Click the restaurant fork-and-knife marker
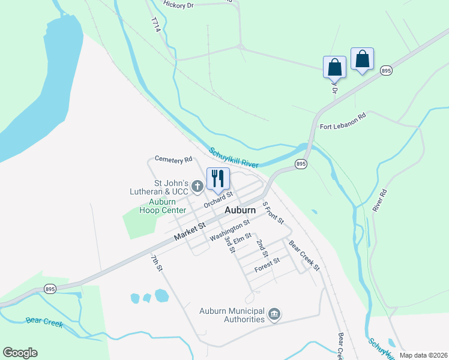(217, 178)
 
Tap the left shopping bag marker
(334, 67)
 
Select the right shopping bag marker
(362, 59)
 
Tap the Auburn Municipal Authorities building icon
(274, 314)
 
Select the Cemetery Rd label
(173, 159)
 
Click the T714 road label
(156, 26)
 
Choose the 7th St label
(157, 263)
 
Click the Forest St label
(267, 265)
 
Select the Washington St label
(229, 230)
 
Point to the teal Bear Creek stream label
(44, 322)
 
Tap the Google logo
(20, 353)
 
